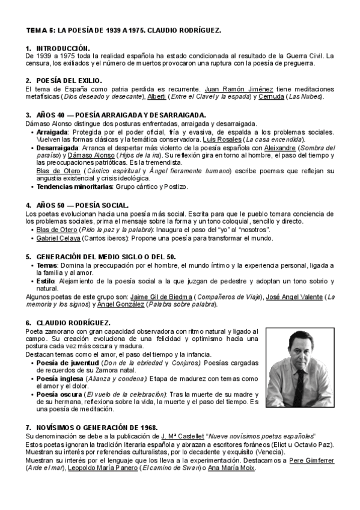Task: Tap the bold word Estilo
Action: pos(46,281)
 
